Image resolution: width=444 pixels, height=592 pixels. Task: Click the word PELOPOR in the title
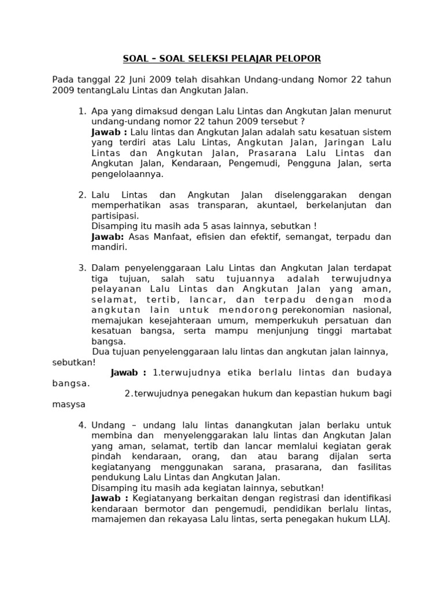[x=300, y=58]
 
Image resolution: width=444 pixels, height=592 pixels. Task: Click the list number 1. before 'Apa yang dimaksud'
[x=82, y=111]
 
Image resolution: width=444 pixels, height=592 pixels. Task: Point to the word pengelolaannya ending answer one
[x=127, y=174]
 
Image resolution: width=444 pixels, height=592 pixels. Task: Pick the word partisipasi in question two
[x=114, y=216]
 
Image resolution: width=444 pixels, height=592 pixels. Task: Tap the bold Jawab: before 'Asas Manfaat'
[x=108, y=236]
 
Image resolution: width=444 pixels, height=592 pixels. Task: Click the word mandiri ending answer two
[x=108, y=247]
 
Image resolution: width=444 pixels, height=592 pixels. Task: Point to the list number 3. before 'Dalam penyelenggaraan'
[x=82, y=268]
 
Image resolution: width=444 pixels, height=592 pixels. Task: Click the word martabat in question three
[x=370, y=331]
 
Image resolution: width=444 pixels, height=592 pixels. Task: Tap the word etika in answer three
[x=237, y=373]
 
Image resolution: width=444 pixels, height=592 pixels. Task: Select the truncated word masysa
[x=69, y=404]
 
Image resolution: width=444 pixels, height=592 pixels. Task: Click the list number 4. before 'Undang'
[x=82, y=425]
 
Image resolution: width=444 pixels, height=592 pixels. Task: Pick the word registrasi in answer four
[x=283, y=498]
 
